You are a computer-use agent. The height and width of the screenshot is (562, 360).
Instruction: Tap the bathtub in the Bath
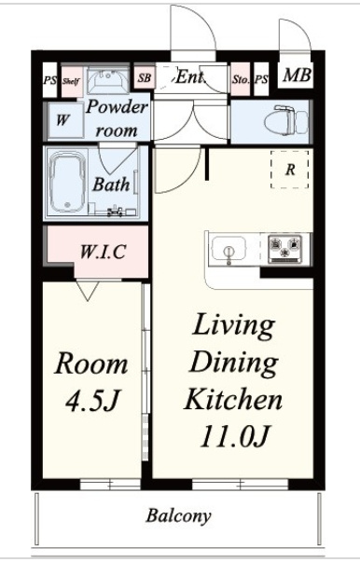coord(67,182)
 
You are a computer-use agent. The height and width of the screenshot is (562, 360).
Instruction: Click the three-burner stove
coord(285,249)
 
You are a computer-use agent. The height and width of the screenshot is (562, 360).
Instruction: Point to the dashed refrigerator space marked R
coord(289,170)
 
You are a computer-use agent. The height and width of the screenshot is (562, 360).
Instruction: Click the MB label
coord(297,75)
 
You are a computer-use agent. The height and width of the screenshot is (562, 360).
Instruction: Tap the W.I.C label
coord(103,252)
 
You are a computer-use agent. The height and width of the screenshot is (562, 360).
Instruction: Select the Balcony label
coord(178,516)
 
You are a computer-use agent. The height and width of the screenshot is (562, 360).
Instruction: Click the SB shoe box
coord(145,77)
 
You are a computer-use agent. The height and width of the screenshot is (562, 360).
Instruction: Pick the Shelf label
coord(71,81)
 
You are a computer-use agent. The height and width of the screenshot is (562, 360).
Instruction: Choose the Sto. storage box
coord(240,79)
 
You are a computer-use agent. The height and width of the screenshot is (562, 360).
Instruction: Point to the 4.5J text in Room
coord(91,400)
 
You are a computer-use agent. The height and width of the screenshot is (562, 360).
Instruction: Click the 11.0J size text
coord(234,436)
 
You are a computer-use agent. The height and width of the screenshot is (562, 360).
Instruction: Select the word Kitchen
coord(233,399)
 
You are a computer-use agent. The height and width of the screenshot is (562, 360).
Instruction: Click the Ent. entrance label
coord(190,76)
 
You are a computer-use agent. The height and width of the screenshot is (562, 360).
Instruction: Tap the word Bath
coord(111,185)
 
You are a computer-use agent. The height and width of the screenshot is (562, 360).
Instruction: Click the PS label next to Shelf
coord(49,80)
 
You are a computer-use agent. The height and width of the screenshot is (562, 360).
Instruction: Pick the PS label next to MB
coord(261,79)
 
